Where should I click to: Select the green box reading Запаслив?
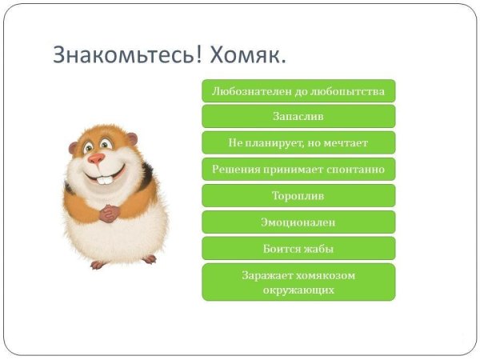point(298,117)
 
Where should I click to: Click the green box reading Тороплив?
point(298,196)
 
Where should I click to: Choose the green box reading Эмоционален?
point(298,222)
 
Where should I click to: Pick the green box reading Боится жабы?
point(298,249)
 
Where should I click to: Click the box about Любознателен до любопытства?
point(298,90)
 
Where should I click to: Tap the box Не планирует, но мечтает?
point(298,143)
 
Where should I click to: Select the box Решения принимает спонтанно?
point(298,170)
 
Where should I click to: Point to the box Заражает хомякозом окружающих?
point(298,282)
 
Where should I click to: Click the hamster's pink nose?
point(97,158)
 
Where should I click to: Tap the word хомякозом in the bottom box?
point(326,275)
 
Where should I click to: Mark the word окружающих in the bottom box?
point(298,290)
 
